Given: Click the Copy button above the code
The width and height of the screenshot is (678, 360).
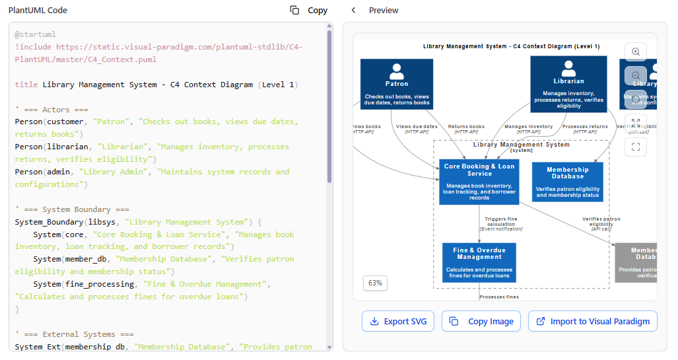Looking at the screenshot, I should pyautogui.click(x=309, y=10).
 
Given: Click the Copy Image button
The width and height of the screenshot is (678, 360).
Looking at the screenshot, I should pyautogui.click(x=481, y=322).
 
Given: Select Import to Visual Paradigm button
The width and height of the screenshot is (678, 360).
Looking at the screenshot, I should pyautogui.click(x=593, y=322).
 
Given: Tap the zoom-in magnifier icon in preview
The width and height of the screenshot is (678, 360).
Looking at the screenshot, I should pyautogui.click(x=635, y=52).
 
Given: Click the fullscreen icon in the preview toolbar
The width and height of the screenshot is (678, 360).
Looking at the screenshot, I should pyautogui.click(x=635, y=147).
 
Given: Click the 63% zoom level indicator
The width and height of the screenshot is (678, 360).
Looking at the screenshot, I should pyautogui.click(x=375, y=283).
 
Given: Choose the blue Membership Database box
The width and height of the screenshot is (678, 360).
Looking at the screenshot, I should pyautogui.click(x=568, y=182).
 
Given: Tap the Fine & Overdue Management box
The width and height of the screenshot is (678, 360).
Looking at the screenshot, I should pyautogui.click(x=479, y=263).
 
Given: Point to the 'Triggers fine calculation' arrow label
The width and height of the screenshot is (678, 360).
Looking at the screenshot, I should pyautogui.click(x=500, y=223).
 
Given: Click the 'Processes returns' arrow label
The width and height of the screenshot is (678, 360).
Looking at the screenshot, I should pyautogui.click(x=585, y=127).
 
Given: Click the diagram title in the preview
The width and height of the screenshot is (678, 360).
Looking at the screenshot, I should pyautogui.click(x=512, y=46).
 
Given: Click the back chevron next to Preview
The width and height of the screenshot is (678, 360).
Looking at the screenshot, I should pyautogui.click(x=353, y=10).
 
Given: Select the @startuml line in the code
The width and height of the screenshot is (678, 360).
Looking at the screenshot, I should pyautogui.click(x=36, y=34).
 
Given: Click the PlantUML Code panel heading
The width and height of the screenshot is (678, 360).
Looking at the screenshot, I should pyautogui.click(x=38, y=10).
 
